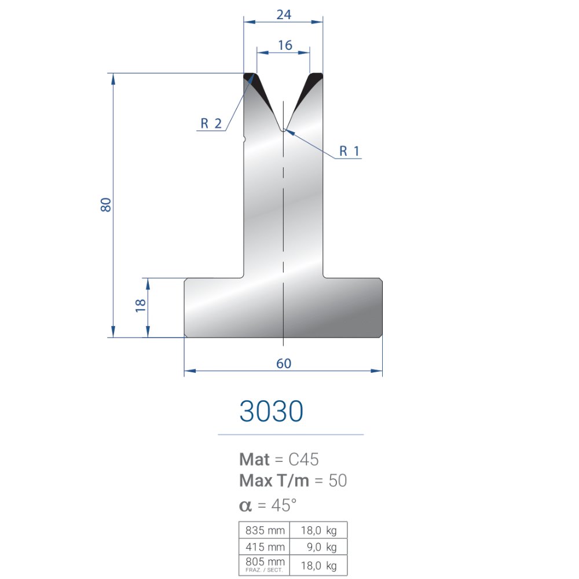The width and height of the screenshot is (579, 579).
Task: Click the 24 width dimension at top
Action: (284, 15)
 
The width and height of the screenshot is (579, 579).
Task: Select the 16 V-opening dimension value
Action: (285, 45)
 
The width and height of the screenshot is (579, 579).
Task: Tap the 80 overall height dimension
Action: (106, 204)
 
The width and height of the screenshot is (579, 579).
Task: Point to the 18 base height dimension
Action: (141, 305)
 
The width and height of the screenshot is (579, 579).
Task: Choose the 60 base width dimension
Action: (284, 364)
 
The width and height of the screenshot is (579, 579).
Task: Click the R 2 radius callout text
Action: (211, 123)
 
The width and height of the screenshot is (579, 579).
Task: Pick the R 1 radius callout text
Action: (349, 151)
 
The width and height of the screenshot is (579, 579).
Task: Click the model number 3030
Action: (272, 411)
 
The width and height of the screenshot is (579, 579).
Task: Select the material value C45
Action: (303, 460)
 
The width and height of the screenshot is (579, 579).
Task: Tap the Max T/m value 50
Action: (338, 481)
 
